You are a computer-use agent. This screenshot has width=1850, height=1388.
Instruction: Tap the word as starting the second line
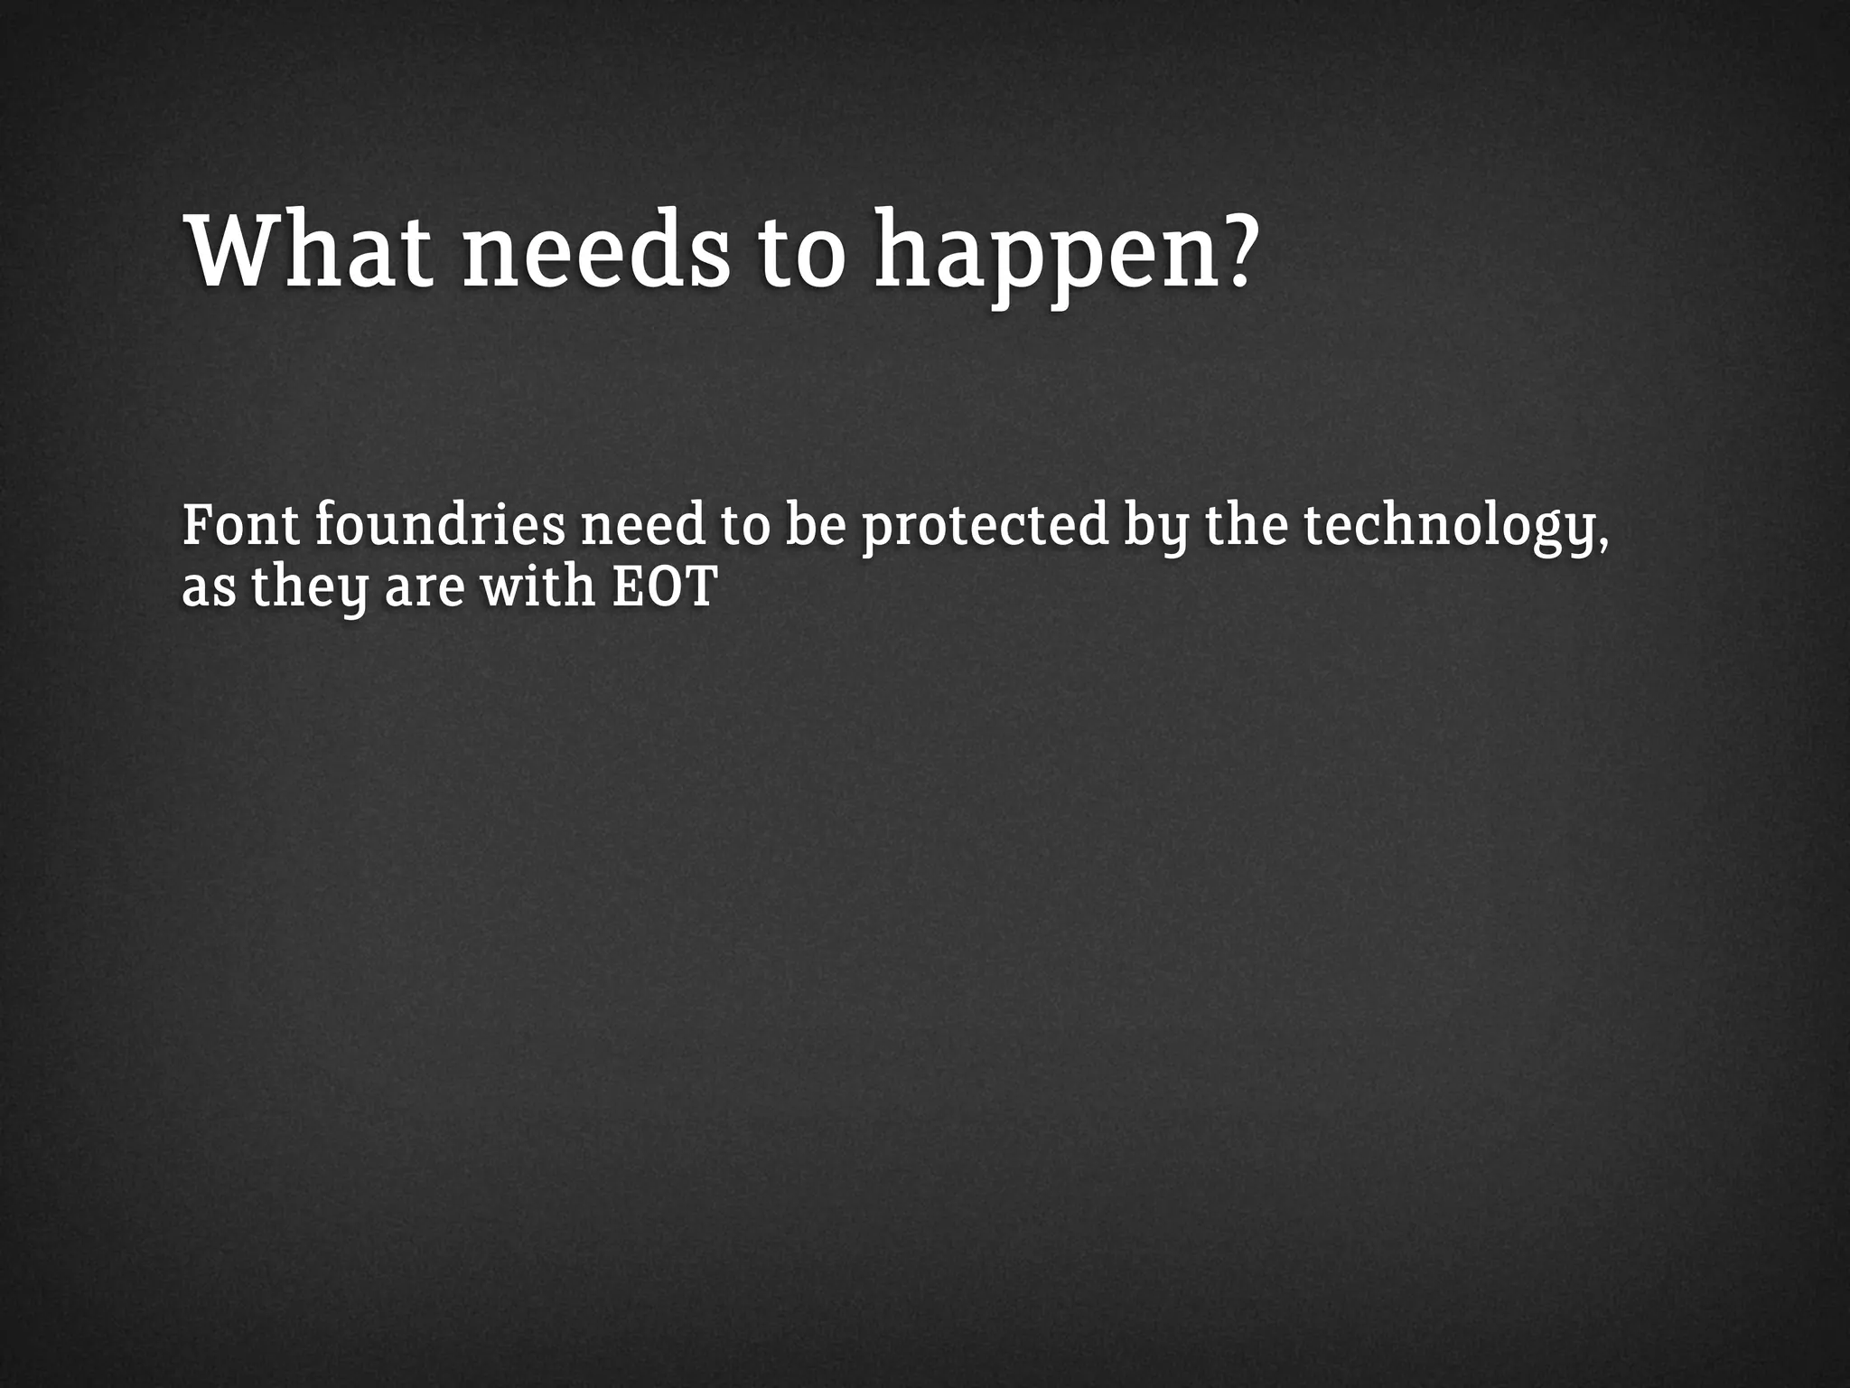click(209, 589)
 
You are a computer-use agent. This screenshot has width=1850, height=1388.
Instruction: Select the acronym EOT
click(665, 587)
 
